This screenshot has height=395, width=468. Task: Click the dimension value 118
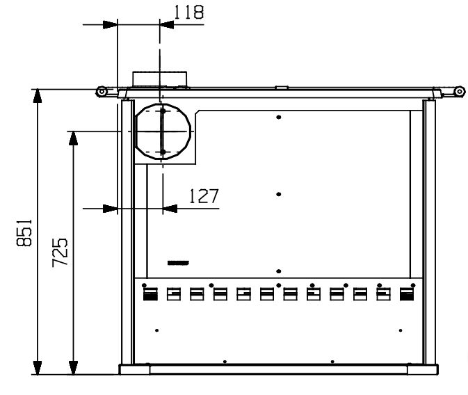pos(188,13)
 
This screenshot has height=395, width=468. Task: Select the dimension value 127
pos(204,196)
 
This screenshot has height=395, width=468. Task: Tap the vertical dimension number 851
pos(24,233)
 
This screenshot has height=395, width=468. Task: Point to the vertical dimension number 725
pos(60,252)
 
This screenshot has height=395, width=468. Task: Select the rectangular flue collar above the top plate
pos(160,79)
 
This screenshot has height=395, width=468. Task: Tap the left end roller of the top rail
pos(102,91)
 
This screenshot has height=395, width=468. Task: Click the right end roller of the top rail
pos(460,91)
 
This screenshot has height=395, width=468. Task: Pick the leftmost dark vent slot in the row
pos(150,294)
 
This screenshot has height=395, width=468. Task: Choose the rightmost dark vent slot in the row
pos(407,294)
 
